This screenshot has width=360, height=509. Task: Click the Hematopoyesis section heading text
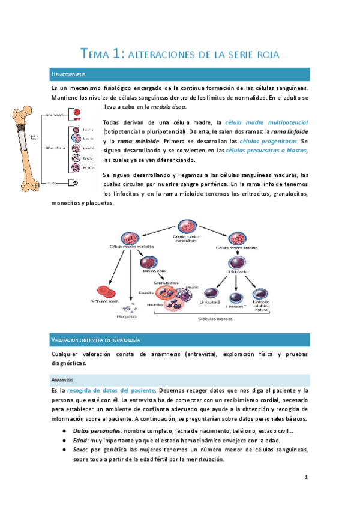[x=70, y=74]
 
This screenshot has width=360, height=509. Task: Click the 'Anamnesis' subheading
[x=63, y=379]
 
